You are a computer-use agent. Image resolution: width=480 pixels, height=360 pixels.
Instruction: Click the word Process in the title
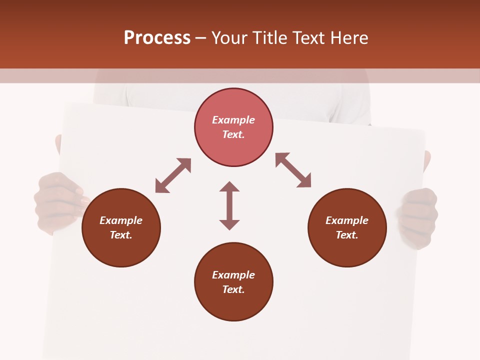157,38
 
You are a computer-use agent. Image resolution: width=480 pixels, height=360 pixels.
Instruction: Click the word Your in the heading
230,38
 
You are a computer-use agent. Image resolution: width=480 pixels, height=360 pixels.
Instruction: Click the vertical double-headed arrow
229,205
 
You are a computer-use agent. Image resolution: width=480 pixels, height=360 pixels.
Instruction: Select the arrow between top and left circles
173,175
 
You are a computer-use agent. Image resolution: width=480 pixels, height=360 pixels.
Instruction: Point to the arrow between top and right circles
293,170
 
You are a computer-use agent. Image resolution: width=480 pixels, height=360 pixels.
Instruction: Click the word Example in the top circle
233,120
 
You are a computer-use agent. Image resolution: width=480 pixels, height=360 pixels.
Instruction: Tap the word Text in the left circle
121,235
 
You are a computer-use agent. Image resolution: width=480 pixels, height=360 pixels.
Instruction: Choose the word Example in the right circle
347,220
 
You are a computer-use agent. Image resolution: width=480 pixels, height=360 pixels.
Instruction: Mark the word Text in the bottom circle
233,289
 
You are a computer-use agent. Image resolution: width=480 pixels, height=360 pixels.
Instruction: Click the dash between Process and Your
201,38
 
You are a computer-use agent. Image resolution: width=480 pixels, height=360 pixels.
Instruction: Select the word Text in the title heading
309,38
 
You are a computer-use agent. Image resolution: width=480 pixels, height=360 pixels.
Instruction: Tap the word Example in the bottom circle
233,275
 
